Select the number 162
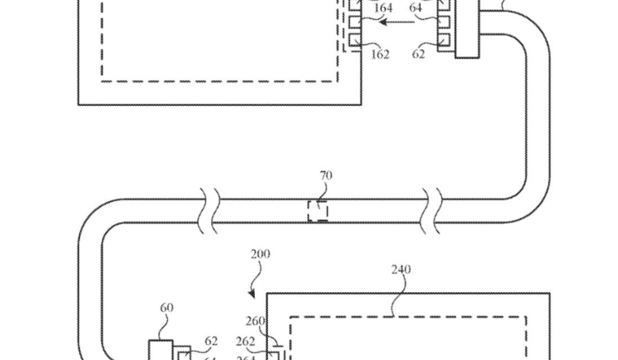(x=380, y=55)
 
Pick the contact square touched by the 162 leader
(x=355, y=40)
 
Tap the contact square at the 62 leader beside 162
(x=444, y=40)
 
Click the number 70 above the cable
(x=326, y=176)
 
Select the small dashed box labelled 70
(x=317, y=211)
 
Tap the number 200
(x=260, y=254)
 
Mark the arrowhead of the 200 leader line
(x=252, y=295)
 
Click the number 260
(x=255, y=322)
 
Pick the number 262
(x=246, y=341)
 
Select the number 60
(x=167, y=308)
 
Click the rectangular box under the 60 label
(x=160, y=350)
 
